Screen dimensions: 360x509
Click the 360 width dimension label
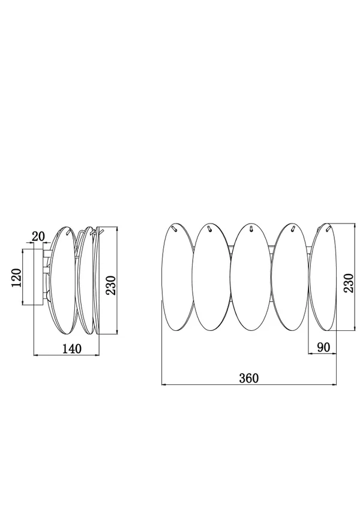(x=249, y=378)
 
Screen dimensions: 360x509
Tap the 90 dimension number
(x=323, y=347)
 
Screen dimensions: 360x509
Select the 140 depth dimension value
(x=72, y=349)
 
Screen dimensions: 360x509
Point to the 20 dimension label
(x=38, y=236)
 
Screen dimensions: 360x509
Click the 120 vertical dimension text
(x=16, y=278)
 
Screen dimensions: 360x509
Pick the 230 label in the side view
(x=111, y=285)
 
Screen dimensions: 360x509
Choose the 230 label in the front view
(x=349, y=283)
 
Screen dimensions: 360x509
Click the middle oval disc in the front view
(x=251, y=276)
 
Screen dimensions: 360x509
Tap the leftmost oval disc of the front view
(x=178, y=278)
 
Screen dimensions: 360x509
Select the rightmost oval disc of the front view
(x=323, y=277)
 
